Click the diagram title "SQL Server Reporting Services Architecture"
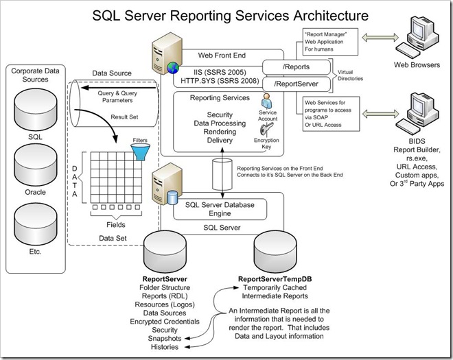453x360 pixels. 226,14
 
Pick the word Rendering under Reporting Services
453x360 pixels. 211,131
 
